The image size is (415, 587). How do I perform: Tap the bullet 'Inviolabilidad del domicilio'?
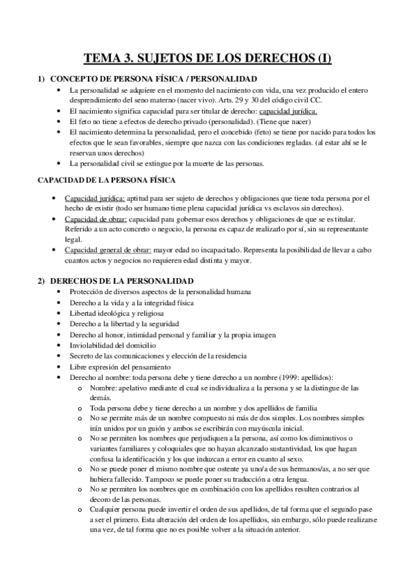[114, 345]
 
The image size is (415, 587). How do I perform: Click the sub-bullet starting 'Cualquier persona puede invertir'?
[229, 511]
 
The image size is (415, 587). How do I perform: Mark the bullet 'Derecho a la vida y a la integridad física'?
[132, 302]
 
